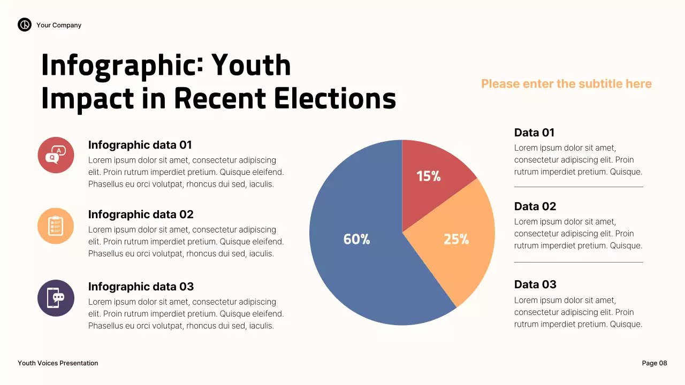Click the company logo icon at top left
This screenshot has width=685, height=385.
(25, 25)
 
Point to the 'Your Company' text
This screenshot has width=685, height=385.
(59, 25)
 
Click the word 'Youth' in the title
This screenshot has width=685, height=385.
(251, 65)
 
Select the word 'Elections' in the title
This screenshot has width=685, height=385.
(335, 98)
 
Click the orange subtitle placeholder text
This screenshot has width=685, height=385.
(566, 84)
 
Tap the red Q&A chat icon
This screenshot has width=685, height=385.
(56, 155)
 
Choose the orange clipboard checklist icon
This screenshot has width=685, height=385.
(56, 226)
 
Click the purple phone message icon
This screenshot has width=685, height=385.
(56, 298)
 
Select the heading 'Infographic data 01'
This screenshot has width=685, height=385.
(140, 145)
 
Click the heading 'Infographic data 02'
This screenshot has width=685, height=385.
(141, 214)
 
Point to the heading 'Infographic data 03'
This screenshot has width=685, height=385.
(141, 287)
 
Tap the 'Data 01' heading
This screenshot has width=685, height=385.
(534, 133)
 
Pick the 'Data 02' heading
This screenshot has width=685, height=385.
(535, 206)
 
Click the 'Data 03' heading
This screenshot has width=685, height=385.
(535, 284)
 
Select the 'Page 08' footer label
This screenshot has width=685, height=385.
(654, 363)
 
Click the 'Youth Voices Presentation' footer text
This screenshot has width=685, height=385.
(58, 363)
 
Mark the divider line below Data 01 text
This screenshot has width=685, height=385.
(579, 187)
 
